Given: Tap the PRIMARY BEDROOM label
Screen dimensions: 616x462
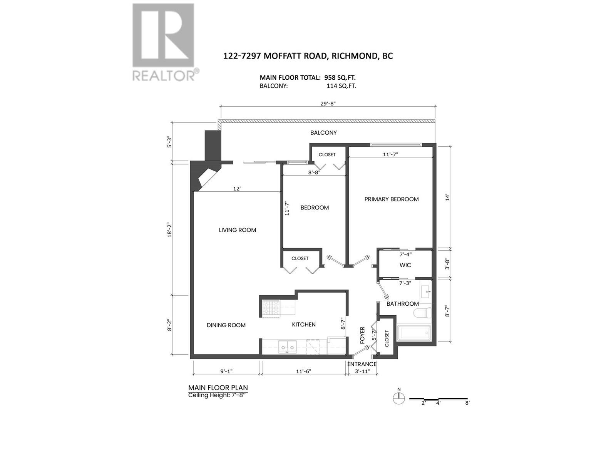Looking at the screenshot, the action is pos(391,199).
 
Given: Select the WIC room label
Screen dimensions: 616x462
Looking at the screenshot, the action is pos(405,265).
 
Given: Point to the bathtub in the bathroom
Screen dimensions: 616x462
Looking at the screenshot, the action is pos(413,333).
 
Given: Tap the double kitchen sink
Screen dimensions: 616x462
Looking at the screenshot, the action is pos(287,347).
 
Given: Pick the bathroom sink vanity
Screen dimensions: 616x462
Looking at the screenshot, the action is pos(426,291).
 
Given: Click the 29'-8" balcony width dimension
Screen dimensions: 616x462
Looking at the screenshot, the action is pos(328,103).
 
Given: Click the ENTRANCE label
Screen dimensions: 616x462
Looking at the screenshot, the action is pos(362,364).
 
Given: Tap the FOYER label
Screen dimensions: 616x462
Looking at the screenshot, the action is pos(362,335).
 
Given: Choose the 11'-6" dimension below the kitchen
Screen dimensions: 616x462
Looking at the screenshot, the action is pos(304,372).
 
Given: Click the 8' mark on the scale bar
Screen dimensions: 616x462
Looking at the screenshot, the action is pos(467,403).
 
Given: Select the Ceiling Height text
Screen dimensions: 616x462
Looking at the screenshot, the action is pos(218,395).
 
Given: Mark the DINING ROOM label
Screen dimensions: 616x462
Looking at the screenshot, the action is pos(226,325).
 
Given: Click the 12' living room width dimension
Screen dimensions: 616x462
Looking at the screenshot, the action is pos(237,189).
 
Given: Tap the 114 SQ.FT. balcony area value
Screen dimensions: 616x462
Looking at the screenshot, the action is pos(341,86).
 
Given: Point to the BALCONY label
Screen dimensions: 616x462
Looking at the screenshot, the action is pos(323,133).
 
